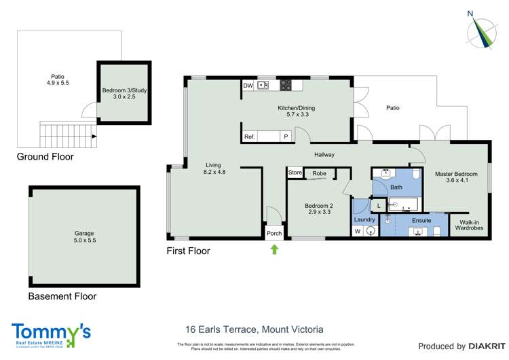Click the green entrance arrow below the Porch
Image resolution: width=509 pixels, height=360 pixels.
click(x=274, y=249)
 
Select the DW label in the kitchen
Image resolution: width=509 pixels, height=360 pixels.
click(x=248, y=86)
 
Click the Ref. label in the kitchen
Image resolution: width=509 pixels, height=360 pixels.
click(x=250, y=137)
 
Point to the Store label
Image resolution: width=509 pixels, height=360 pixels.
click(x=295, y=173)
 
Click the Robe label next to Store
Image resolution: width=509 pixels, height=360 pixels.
click(x=320, y=173)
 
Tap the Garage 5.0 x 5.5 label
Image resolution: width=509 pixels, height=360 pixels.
click(x=84, y=236)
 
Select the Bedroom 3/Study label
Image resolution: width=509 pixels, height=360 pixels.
click(x=124, y=94)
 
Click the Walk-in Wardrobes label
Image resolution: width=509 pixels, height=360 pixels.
click(x=470, y=224)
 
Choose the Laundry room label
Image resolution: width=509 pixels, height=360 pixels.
click(x=364, y=219)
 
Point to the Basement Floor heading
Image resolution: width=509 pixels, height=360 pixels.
click(x=62, y=296)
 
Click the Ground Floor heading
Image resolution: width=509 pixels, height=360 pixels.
click(x=45, y=157)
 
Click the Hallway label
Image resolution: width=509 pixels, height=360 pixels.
click(x=324, y=155)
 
